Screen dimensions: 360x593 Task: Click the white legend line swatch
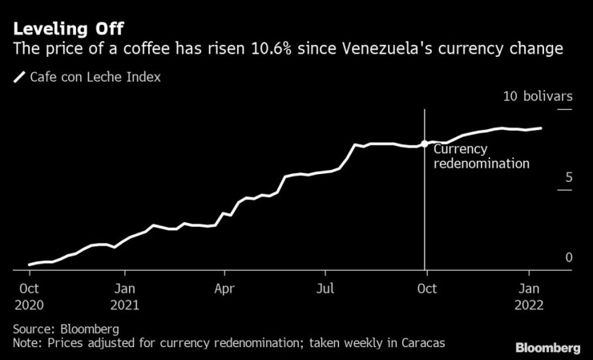tap(18, 79)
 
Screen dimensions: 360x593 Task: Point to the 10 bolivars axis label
tap(537, 96)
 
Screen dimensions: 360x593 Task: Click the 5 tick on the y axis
tap(568, 176)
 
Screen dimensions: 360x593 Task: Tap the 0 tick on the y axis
tap(568, 257)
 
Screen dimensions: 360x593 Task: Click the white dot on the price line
tap(424, 144)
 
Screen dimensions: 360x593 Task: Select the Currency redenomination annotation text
tap(481, 156)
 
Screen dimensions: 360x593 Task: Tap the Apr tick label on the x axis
tap(224, 288)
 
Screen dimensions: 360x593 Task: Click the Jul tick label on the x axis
tap(325, 288)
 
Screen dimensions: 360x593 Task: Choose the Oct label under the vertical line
tap(426, 288)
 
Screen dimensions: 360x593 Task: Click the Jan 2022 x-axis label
tap(529, 296)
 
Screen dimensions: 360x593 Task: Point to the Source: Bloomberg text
tap(67, 329)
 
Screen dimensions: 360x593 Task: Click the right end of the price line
tap(541, 128)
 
